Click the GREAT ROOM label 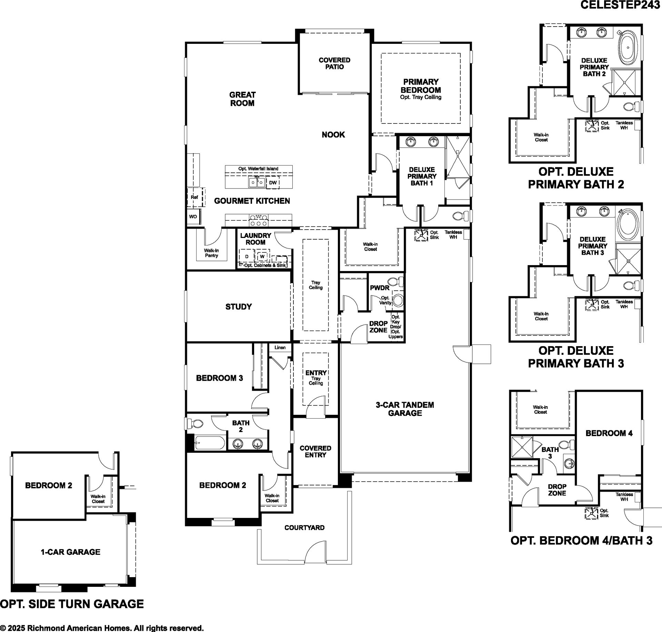coord(242,99)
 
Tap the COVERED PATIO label coord(334,63)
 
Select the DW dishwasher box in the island coord(273,183)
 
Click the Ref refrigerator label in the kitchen coord(194,197)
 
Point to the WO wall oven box coord(193,217)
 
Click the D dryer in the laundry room coord(247,257)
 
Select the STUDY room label coord(239,307)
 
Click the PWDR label coord(380,288)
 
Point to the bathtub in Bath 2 coord(210,443)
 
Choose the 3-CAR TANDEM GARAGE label coord(405,409)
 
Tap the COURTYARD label coord(304,528)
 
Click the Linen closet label coord(280,348)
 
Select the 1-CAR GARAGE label coord(71,552)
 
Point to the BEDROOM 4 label coord(609,433)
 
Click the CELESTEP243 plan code coord(621,5)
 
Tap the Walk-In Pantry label coord(211,253)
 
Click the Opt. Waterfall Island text coord(258,169)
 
